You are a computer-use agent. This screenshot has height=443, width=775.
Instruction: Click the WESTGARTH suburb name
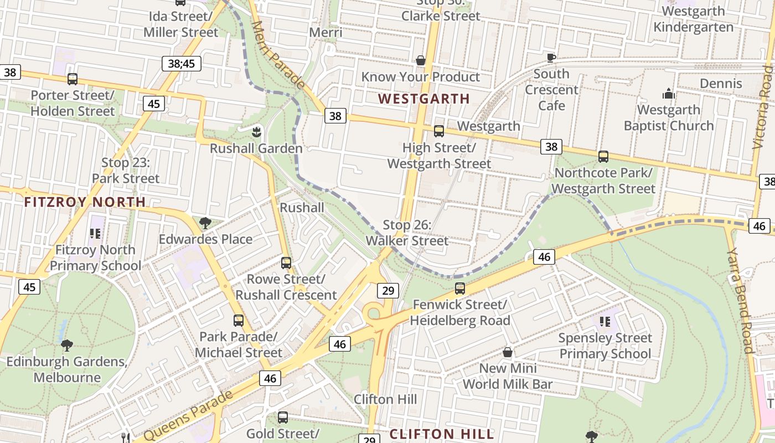[424, 99]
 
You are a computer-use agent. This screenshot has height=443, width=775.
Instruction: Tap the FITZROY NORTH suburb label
[85, 202]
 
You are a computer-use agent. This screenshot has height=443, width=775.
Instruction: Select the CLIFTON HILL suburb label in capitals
[441, 434]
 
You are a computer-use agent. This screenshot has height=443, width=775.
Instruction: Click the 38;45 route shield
[182, 64]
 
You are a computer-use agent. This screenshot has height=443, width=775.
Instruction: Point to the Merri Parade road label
[278, 55]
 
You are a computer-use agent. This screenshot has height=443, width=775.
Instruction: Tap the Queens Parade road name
[188, 416]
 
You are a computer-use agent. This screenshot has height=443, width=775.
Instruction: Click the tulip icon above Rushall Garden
[256, 132]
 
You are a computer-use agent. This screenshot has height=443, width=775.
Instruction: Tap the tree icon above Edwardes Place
[205, 223]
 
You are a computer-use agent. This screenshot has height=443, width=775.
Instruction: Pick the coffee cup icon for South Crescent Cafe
[551, 58]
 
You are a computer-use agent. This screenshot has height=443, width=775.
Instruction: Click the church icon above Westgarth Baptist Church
[669, 94]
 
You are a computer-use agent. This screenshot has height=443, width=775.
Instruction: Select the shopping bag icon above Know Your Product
[421, 60]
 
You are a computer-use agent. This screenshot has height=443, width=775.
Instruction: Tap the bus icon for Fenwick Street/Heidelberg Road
[459, 289]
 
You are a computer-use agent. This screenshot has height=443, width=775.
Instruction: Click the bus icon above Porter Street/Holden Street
[73, 79]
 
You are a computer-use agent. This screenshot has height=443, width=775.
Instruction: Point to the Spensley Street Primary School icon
[604, 321]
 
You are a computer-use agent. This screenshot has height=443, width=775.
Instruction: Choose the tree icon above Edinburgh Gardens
[67, 346]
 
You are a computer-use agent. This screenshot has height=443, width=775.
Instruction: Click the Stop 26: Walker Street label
[407, 233]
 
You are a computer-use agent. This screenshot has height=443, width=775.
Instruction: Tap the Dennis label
[721, 84]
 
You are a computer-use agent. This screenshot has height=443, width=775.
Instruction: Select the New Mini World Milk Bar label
[508, 376]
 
